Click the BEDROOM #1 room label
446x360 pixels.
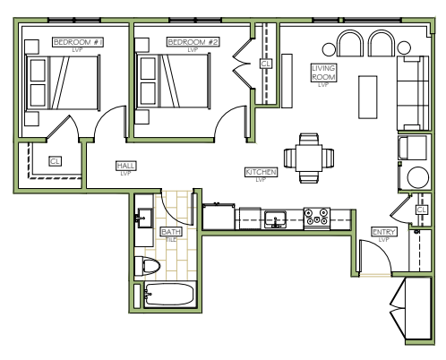click(x=78, y=42)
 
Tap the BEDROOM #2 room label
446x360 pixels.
click(x=193, y=42)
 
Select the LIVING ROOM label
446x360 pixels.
click(x=323, y=73)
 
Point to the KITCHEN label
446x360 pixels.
click(x=261, y=172)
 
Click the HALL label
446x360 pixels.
click(x=125, y=166)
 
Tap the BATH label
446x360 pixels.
click(x=171, y=232)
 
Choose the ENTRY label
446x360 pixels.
click(x=384, y=232)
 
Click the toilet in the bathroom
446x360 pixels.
click(x=147, y=266)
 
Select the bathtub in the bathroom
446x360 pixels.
click(x=170, y=295)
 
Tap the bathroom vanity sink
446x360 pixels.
click(x=144, y=218)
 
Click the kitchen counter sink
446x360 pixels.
click(x=275, y=220)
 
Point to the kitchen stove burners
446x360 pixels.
click(x=317, y=217)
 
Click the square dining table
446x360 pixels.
click(x=309, y=158)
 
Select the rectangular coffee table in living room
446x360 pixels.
click(x=367, y=98)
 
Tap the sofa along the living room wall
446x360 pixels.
click(x=413, y=93)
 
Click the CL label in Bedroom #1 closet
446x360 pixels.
click(x=55, y=161)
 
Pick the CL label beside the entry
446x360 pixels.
click(x=421, y=210)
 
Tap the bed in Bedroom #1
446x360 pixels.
click(x=63, y=82)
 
